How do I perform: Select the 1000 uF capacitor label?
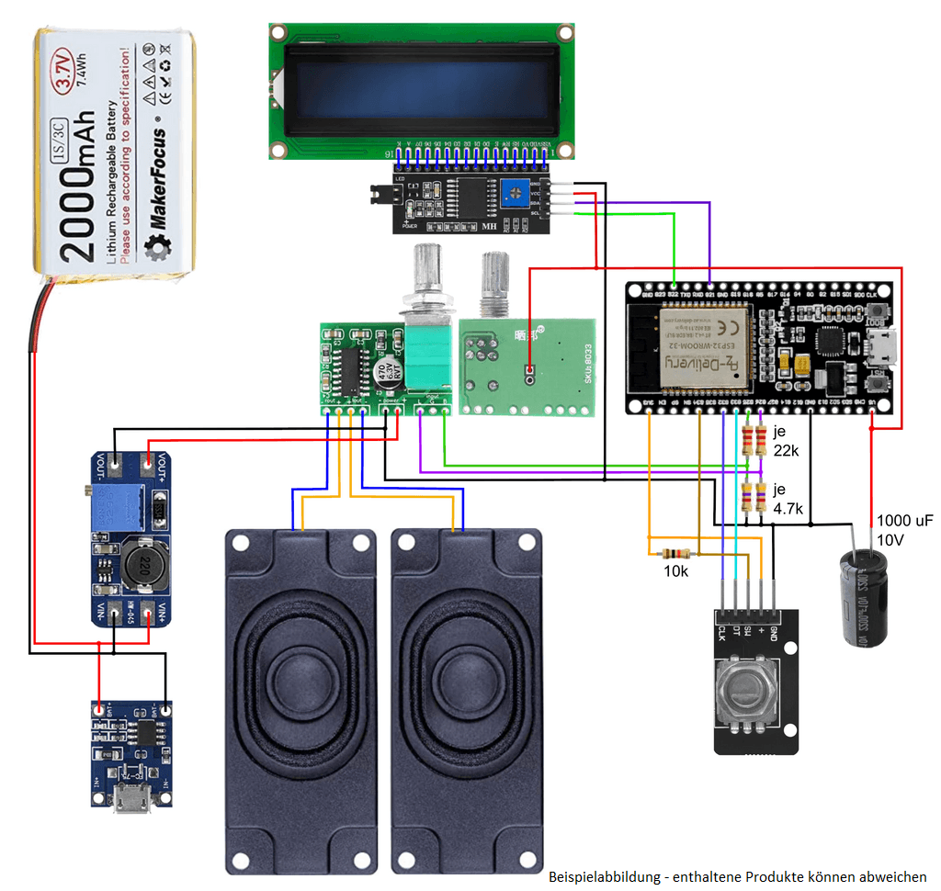pyautogui.click(x=904, y=520)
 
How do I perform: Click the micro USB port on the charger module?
pyautogui.click(x=132, y=802)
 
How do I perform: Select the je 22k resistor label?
pyautogui.click(x=786, y=443)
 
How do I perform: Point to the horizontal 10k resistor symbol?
pyautogui.click(x=675, y=553)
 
